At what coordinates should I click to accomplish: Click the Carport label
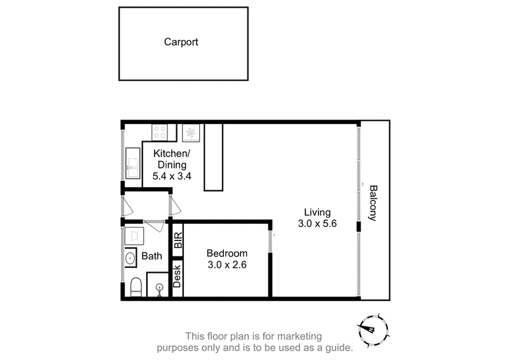[181, 42]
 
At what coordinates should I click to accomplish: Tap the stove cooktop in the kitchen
[160, 132]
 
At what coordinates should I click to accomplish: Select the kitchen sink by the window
[133, 163]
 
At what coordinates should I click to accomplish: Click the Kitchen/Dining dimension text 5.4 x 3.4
[172, 176]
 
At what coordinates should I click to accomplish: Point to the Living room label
[317, 212]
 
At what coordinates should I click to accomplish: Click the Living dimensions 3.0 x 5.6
[317, 224]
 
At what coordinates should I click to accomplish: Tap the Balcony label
[373, 203]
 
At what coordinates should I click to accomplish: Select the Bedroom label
[227, 253]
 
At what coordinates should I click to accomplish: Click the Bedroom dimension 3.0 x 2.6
[227, 265]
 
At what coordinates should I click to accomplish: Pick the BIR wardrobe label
[178, 240]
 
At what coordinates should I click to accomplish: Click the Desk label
[177, 276]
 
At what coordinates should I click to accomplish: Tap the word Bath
[151, 256]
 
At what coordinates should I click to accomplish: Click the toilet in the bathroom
[136, 287]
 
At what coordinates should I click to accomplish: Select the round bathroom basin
[130, 258]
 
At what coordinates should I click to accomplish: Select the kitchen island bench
[213, 157]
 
